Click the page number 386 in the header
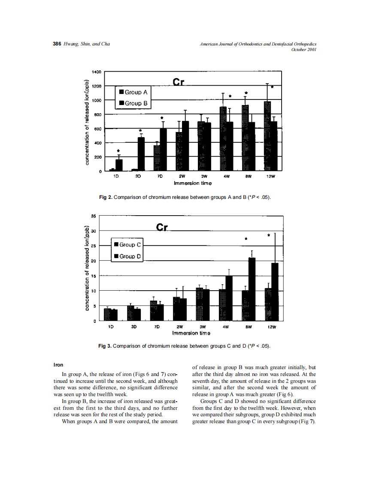tap(57, 44)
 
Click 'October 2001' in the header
tap(303, 49)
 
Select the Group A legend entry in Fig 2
tap(133, 92)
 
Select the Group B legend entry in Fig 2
tap(133, 103)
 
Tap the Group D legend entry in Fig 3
tap(127, 256)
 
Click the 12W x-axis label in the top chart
tap(270, 176)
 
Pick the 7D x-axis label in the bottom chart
tap(157, 326)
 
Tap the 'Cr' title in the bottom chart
tap(162, 227)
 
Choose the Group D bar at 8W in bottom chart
tap(252, 289)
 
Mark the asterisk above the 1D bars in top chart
tap(118, 151)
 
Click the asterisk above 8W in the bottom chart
tap(246, 239)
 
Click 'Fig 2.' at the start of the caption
tap(106, 197)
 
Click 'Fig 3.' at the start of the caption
tap(105, 346)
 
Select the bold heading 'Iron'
tap(58, 365)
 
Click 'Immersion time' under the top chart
tap(192, 183)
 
